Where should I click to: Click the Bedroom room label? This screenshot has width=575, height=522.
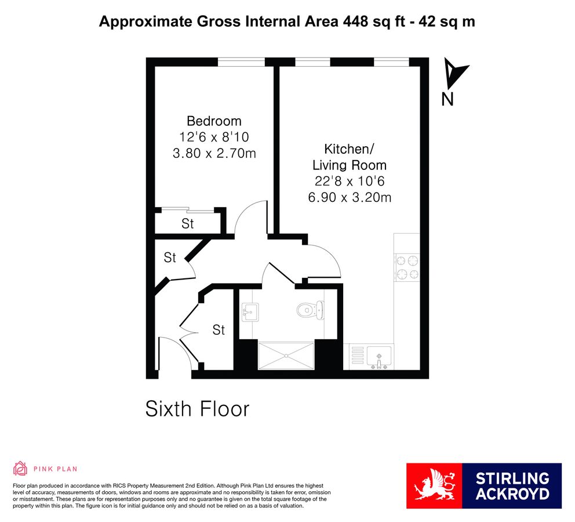[x=214, y=121]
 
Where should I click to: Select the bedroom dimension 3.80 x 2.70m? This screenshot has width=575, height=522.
[x=214, y=154]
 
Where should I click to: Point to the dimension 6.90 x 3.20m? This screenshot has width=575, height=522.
[x=349, y=197]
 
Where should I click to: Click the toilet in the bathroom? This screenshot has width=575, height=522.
[x=310, y=311]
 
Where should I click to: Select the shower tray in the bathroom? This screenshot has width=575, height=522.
[x=286, y=355]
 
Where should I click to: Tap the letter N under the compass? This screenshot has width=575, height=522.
[x=447, y=100]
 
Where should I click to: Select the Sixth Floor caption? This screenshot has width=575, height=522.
[x=197, y=409]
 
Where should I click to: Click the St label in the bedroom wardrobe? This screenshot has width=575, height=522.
[x=187, y=224]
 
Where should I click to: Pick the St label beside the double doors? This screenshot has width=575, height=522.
[x=218, y=330]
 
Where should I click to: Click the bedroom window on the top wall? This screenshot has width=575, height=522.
[x=241, y=60]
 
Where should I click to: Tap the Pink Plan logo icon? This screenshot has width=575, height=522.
[x=20, y=469]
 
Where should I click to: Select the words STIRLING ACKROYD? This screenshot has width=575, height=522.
[x=512, y=486]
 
